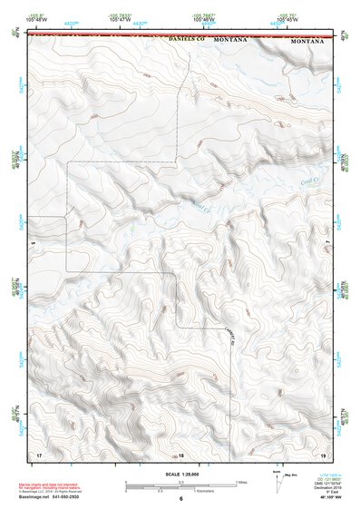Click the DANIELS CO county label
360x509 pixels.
[x=183, y=42]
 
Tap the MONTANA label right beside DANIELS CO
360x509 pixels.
[x=231, y=42]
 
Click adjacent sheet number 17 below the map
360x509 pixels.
[x=39, y=453]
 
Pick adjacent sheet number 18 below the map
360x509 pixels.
[x=180, y=454]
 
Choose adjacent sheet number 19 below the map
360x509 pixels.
[x=323, y=453]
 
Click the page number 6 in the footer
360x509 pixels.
[x=180, y=499]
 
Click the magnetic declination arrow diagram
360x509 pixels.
[x=277, y=482]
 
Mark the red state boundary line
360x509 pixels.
[x=180, y=36]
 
